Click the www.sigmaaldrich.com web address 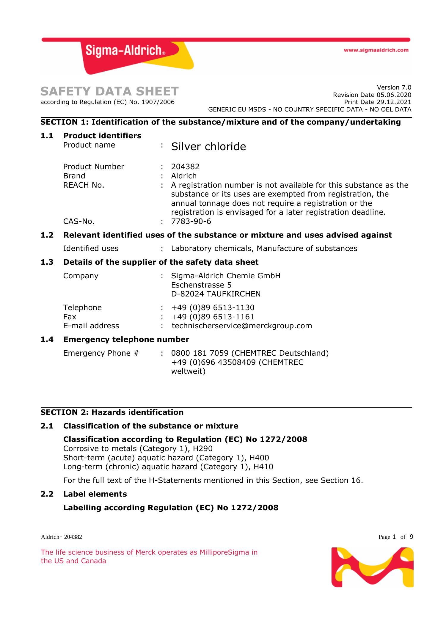click(376, 50)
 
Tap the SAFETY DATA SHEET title click(109, 91)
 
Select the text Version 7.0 click(394, 87)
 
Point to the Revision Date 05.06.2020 click(372, 95)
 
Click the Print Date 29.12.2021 click(377, 102)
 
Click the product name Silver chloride click(208, 147)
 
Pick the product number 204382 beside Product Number click(185, 167)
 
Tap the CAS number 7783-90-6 click(191, 221)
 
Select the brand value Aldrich click(184, 176)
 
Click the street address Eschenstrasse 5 click(201, 285)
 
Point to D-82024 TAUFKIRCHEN click(216, 294)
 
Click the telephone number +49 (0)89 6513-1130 click(213, 307)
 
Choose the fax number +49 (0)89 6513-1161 click(213, 317)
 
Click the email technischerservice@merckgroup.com click(242, 326)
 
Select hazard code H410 click(263, 467)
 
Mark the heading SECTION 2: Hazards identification click(112, 412)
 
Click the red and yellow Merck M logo click(372, 567)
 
